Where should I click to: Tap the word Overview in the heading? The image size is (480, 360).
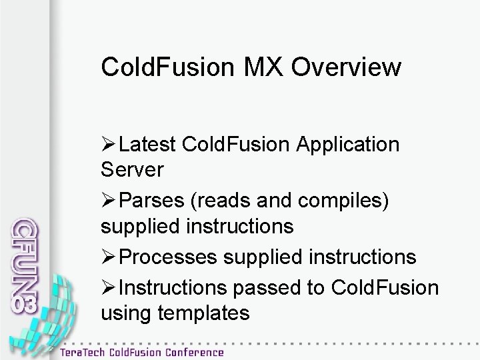347,67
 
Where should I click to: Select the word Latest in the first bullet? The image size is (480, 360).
150,144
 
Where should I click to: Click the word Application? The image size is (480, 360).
351,144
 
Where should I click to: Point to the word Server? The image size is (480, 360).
132,170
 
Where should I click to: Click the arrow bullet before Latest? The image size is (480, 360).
110,145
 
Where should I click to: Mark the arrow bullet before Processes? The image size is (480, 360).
110,257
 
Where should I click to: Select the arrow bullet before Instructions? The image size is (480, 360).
110,287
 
